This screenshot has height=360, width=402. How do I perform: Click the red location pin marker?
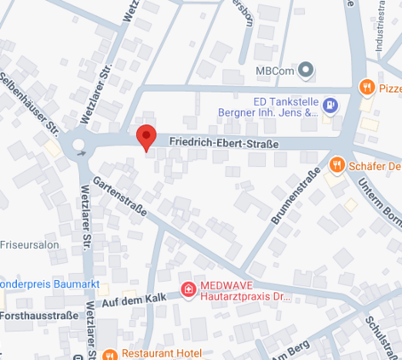tap(146, 136)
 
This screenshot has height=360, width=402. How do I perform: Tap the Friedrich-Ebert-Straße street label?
tap(223, 144)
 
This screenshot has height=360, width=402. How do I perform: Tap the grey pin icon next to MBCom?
tap(307, 69)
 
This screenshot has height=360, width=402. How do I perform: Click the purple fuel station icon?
tap(331, 106)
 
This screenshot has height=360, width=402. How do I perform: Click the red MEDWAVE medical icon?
tap(187, 290)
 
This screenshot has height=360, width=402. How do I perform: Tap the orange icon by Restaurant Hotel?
tap(109, 353)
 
